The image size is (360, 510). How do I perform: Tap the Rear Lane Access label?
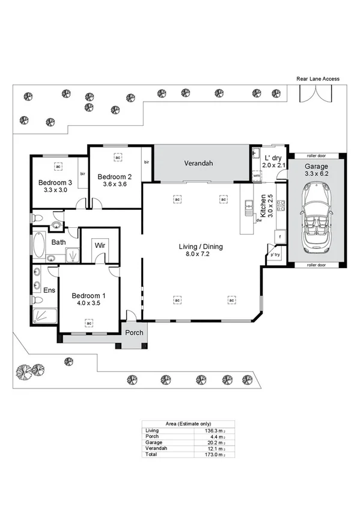click(318, 79)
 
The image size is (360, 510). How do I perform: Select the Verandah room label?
click(199, 163)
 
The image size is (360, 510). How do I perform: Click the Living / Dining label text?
click(201, 247)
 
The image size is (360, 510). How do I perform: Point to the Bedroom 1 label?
click(88, 295)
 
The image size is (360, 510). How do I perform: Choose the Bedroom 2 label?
click(114, 177)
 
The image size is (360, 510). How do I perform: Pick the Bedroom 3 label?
click(55, 183)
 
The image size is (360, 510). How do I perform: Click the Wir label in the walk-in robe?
click(99, 245)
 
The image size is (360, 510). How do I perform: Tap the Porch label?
click(134, 333)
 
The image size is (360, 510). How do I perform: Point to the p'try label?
click(275, 254)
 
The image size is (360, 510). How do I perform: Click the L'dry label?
click(272, 158)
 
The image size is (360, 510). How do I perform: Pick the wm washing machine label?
click(256, 176)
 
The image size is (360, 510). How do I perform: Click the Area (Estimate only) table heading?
click(188, 424)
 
